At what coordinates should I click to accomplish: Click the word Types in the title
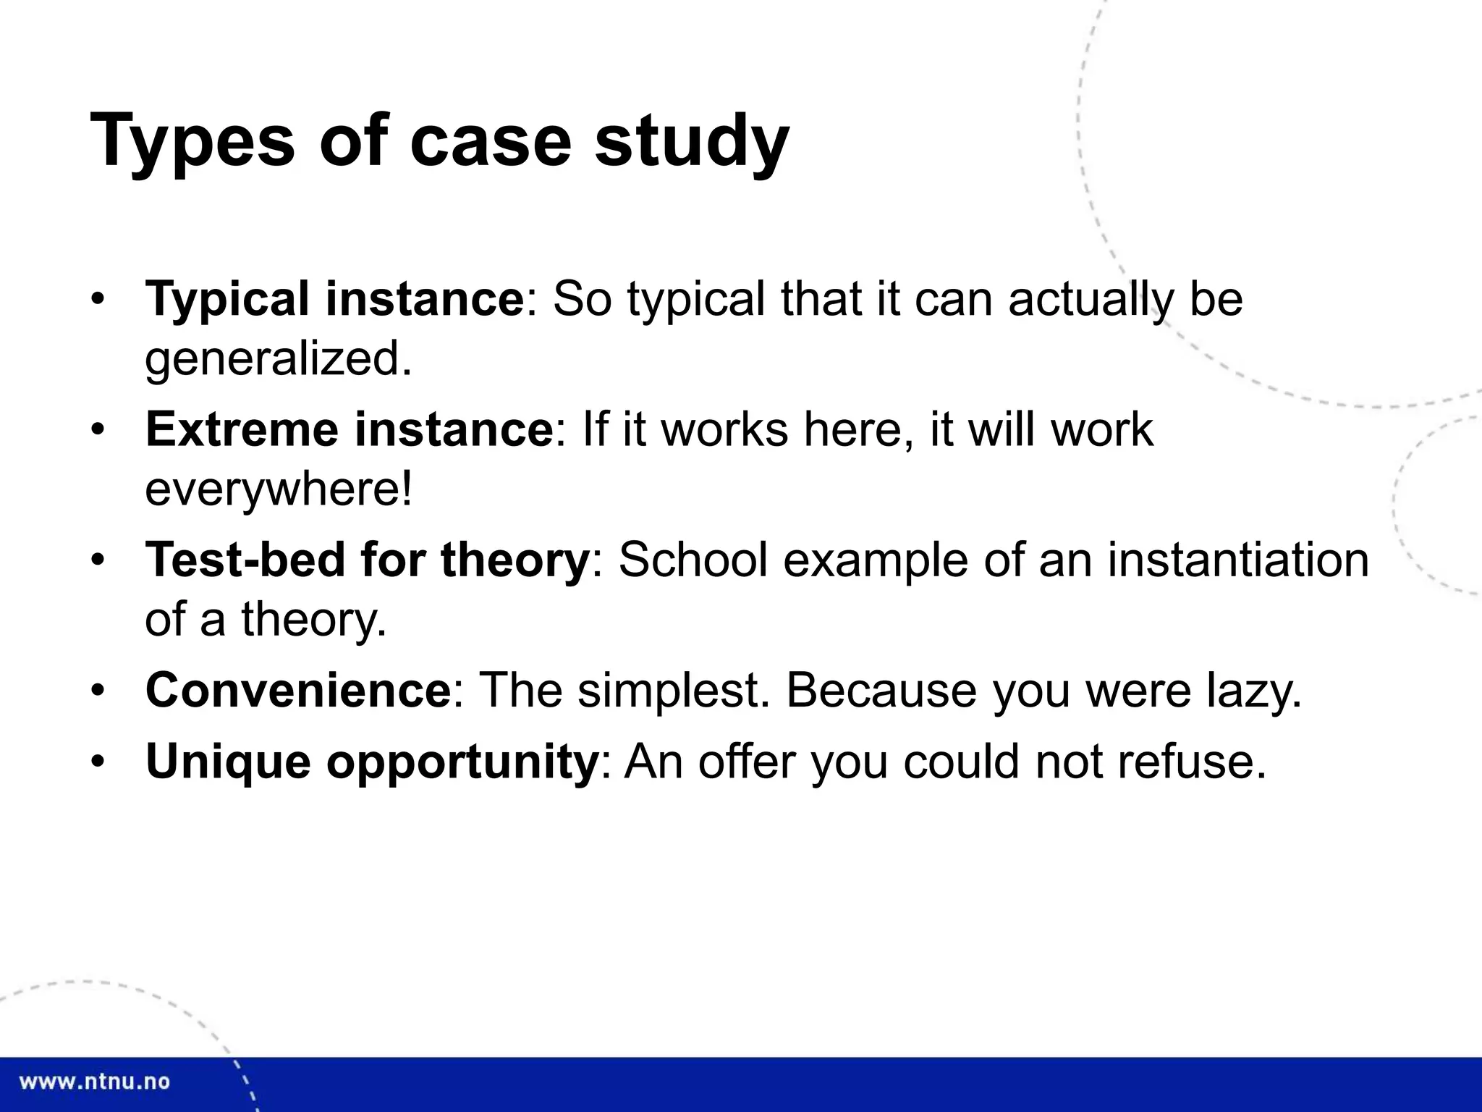(192, 141)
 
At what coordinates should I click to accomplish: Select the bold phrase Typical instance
(334, 298)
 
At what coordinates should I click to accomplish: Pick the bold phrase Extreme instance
(350, 429)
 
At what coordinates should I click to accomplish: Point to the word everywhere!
(279, 489)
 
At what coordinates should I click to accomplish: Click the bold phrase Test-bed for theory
(368, 560)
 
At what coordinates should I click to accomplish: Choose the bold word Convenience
(298, 690)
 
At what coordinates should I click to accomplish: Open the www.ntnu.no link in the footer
(94, 1082)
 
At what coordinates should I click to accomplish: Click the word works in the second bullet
(724, 429)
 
